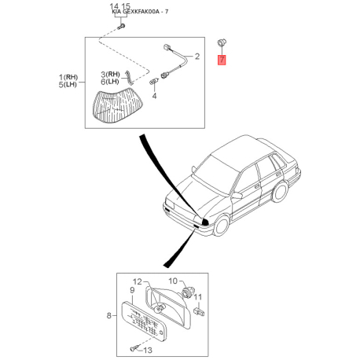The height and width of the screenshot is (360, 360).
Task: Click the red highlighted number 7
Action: (x=222, y=59)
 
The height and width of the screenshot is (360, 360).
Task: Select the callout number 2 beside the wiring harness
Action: (x=197, y=57)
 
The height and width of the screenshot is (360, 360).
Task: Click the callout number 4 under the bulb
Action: (x=154, y=96)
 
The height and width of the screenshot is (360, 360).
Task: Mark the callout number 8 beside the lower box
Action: (x=109, y=317)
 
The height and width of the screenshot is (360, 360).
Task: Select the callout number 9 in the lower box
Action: (x=132, y=290)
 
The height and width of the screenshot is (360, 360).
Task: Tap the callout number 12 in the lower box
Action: (x=136, y=281)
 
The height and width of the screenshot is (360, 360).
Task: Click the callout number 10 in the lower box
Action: (x=174, y=281)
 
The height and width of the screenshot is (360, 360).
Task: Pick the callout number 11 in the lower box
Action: (x=198, y=297)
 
